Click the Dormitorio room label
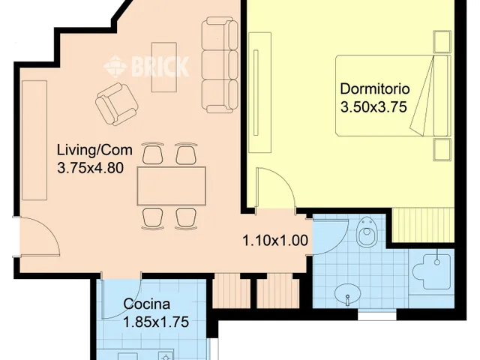tap(375, 88)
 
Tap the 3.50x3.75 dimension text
tap(373, 107)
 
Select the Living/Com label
tap(95, 150)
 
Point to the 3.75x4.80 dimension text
tap(91, 168)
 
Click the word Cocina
tap(147, 304)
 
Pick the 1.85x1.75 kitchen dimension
tap(156, 322)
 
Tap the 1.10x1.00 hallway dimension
tap(275, 241)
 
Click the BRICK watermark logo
tap(146, 66)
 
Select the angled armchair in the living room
tap(116, 104)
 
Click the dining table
tap(172, 186)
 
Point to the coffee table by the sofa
tap(164, 67)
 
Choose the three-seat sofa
tap(220, 65)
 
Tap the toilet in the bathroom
tap(367, 232)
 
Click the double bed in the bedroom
tap(393, 95)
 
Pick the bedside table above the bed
tap(442, 41)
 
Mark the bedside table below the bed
tap(442, 150)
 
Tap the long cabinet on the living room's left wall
tap(34, 140)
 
